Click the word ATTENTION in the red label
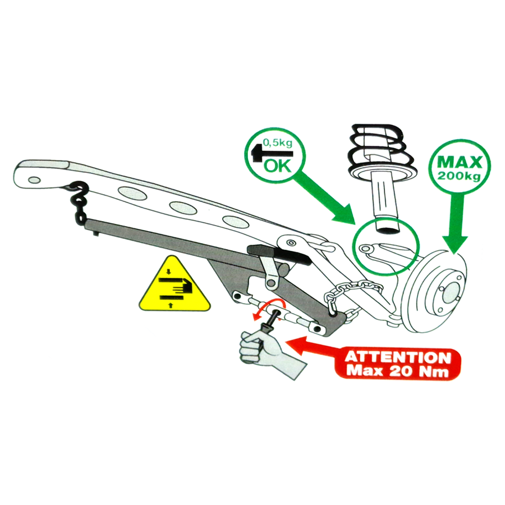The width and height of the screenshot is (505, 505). coord(398,357)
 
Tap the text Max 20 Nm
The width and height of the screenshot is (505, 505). coord(398,371)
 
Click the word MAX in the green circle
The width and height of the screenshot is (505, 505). coord(460,162)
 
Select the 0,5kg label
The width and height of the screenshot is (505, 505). coord(278,143)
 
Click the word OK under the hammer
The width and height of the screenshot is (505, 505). coord(277,166)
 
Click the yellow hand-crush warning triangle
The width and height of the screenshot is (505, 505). coord(175,284)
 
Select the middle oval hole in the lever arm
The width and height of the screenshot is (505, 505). coord(183,208)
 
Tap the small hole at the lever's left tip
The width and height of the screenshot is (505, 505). coord(34,180)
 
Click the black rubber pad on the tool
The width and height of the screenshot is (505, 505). coord(279,254)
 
